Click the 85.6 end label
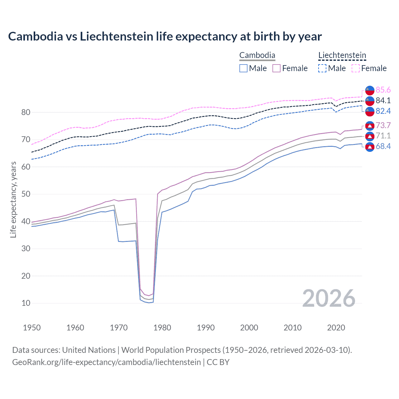pos(383,90)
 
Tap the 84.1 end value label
pos(383,100)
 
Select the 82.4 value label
pos(383,111)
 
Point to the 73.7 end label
pos(383,125)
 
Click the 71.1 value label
pos(383,136)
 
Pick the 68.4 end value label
pos(383,146)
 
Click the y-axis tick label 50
pos(26,194)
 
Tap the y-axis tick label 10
pos(26,303)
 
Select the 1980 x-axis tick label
pos(162,328)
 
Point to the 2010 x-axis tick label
pos(292,328)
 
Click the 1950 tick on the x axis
pos(32,328)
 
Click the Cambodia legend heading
pos(257,55)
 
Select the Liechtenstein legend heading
pos(342,55)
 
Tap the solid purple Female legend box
pos(276,68)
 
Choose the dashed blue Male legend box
pos(322,68)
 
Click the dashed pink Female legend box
pos(356,68)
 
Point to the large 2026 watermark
pos(329,298)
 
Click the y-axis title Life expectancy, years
pos(13,199)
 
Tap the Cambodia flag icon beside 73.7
pos(370,125)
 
